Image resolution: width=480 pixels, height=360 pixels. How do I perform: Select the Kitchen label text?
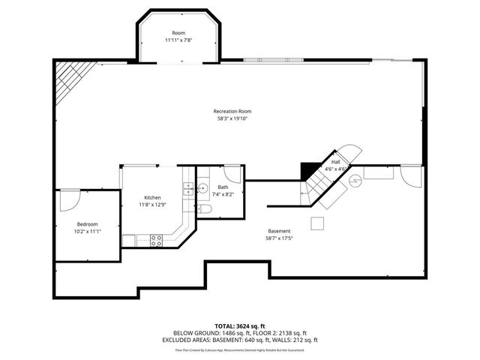pyautogui.click(x=151, y=197)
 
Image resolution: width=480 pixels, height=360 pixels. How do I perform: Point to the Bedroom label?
pyautogui.click(x=87, y=224)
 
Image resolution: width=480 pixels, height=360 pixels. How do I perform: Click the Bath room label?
pyautogui.click(x=223, y=187)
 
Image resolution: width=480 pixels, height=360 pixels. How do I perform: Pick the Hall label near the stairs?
pyautogui.click(x=335, y=162)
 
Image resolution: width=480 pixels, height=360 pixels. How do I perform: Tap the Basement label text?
pyautogui.click(x=279, y=231)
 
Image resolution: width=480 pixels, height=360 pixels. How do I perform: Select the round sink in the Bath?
pyautogui.click(x=202, y=189)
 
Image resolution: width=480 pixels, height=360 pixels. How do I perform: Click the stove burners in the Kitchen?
pyautogui.click(x=157, y=240)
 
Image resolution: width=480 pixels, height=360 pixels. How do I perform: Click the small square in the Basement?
pyautogui.click(x=318, y=222)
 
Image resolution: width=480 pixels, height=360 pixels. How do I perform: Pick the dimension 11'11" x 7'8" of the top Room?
pyautogui.click(x=178, y=40)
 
